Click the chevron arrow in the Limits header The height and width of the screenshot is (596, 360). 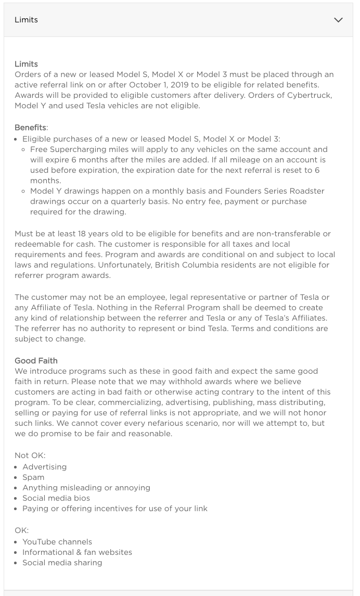pyautogui.click(x=338, y=20)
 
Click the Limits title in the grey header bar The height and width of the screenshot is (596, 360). pyautogui.click(x=26, y=20)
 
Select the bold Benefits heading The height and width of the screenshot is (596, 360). pyautogui.click(x=30, y=128)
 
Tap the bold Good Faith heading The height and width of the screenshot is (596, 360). pyautogui.click(x=36, y=361)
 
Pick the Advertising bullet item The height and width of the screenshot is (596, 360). pyautogui.click(x=45, y=467)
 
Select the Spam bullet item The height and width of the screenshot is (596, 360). pyautogui.click(x=33, y=477)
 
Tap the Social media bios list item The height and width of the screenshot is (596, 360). pyautogui.click(x=56, y=498)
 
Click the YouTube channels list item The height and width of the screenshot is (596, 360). pyautogui.click(x=57, y=542)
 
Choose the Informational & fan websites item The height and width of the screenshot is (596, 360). pyautogui.click(x=77, y=552)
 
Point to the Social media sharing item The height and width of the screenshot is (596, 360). pyautogui.click(x=62, y=563)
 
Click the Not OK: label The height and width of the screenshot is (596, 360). pyautogui.click(x=30, y=455)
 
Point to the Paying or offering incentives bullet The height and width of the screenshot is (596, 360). pyautogui.click(x=114, y=509)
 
